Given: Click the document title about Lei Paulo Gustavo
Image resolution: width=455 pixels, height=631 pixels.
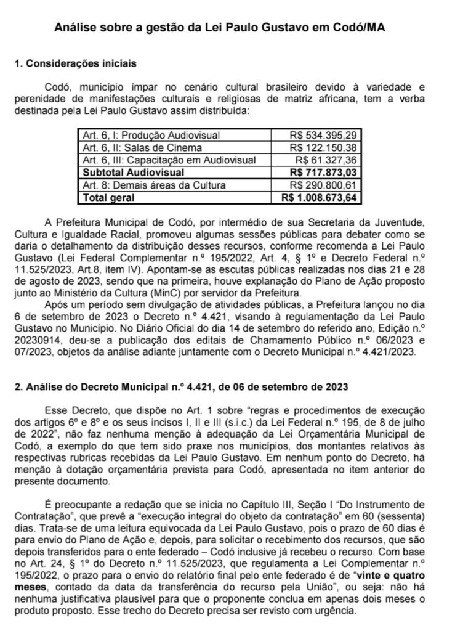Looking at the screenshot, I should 227,28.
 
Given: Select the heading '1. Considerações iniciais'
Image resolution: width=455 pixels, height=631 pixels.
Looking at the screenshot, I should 75,64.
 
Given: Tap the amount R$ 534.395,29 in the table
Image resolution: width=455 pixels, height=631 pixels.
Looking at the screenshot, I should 326,134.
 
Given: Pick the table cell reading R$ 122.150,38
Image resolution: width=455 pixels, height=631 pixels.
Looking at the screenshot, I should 326,147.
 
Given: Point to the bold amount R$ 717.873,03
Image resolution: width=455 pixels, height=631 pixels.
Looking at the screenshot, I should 325,173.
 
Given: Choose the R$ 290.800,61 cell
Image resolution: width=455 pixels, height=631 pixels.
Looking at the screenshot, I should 326,185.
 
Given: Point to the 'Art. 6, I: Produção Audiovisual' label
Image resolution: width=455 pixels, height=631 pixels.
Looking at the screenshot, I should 142,134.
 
